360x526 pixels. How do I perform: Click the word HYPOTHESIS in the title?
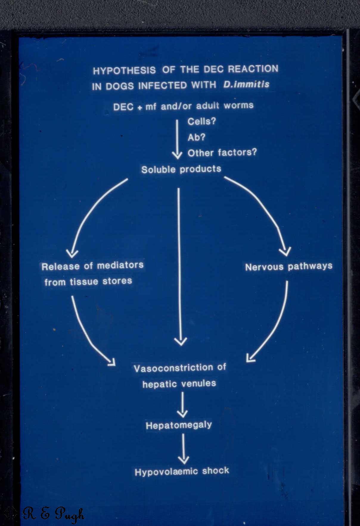pyautogui.click(x=124, y=71)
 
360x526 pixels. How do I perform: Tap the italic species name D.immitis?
pyautogui.click(x=246, y=84)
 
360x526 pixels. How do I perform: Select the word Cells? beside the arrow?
pyautogui.click(x=201, y=121)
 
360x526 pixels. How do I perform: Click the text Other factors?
pyautogui.click(x=222, y=153)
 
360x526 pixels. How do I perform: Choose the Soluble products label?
pyautogui.click(x=181, y=169)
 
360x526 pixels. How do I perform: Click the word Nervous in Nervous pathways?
pyautogui.click(x=264, y=266)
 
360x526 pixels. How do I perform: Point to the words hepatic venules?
pyautogui.click(x=179, y=384)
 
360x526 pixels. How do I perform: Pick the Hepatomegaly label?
pyautogui.click(x=179, y=425)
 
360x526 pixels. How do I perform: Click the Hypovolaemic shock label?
pyautogui.click(x=182, y=471)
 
